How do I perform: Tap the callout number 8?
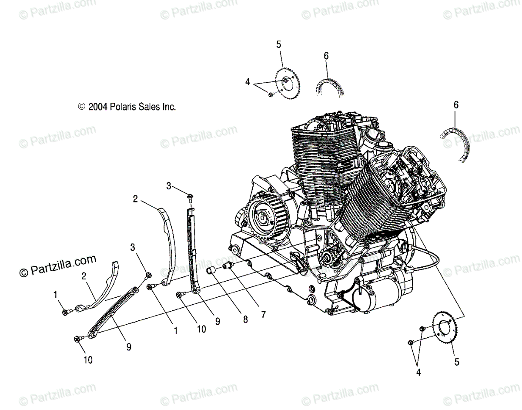pyautogui.click(x=245, y=319)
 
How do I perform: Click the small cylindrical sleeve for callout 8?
pyautogui.click(x=211, y=271)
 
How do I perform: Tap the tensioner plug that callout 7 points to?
pyautogui.click(x=228, y=266)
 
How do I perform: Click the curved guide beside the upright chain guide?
pyautogui.click(x=168, y=244)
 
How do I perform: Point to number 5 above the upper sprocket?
pyautogui.click(x=278, y=44)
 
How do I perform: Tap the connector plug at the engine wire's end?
pyautogui.click(x=408, y=270)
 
